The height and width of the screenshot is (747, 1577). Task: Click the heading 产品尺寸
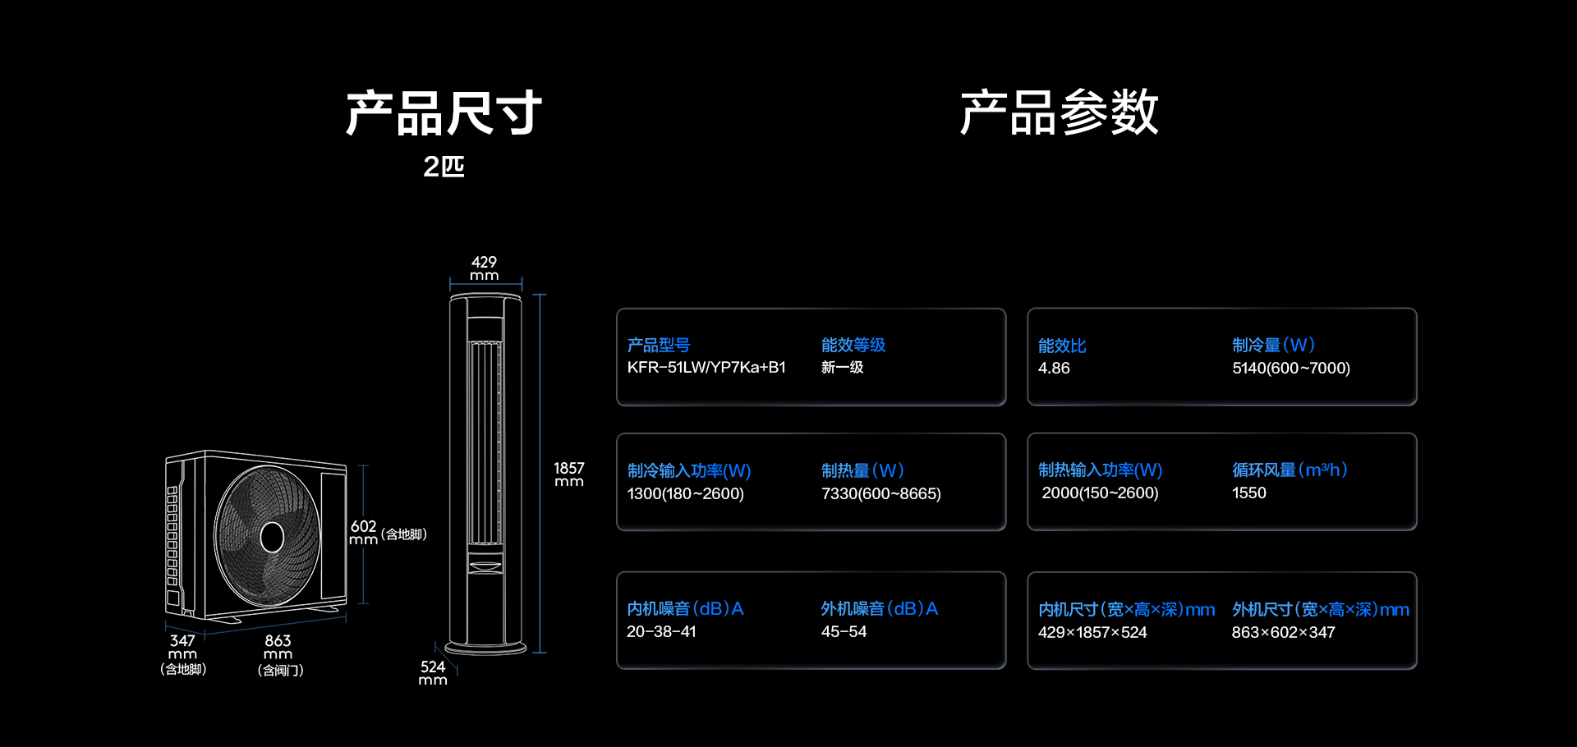pyautogui.click(x=444, y=112)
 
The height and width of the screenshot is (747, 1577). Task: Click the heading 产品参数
pyautogui.click(x=1060, y=112)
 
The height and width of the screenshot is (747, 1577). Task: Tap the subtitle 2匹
pyautogui.click(x=444, y=167)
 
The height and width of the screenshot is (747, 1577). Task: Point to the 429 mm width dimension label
pyautogui.click(x=484, y=268)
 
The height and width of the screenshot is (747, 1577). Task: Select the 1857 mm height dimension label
pyautogui.click(x=568, y=474)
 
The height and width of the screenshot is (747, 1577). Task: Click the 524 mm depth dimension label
pyautogui.click(x=433, y=673)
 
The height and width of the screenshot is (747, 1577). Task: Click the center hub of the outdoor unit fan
pyautogui.click(x=272, y=538)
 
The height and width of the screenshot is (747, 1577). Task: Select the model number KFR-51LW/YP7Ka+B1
pyautogui.click(x=706, y=368)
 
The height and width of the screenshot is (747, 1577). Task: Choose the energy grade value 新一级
pyautogui.click(x=842, y=368)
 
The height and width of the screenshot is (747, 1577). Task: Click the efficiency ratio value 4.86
pyautogui.click(x=1054, y=369)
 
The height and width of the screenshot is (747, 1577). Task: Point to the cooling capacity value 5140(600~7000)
pyautogui.click(x=1291, y=369)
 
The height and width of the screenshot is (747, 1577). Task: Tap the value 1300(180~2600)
pyautogui.click(x=685, y=494)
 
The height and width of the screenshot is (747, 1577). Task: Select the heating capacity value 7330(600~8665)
pyautogui.click(x=881, y=494)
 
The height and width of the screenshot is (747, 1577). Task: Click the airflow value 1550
pyautogui.click(x=1249, y=493)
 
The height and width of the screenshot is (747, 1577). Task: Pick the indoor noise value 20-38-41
pyautogui.click(x=661, y=632)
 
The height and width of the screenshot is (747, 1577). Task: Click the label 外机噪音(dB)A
pyautogui.click(x=879, y=609)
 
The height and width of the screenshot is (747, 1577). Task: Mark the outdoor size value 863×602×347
pyautogui.click(x=1283, y=633)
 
